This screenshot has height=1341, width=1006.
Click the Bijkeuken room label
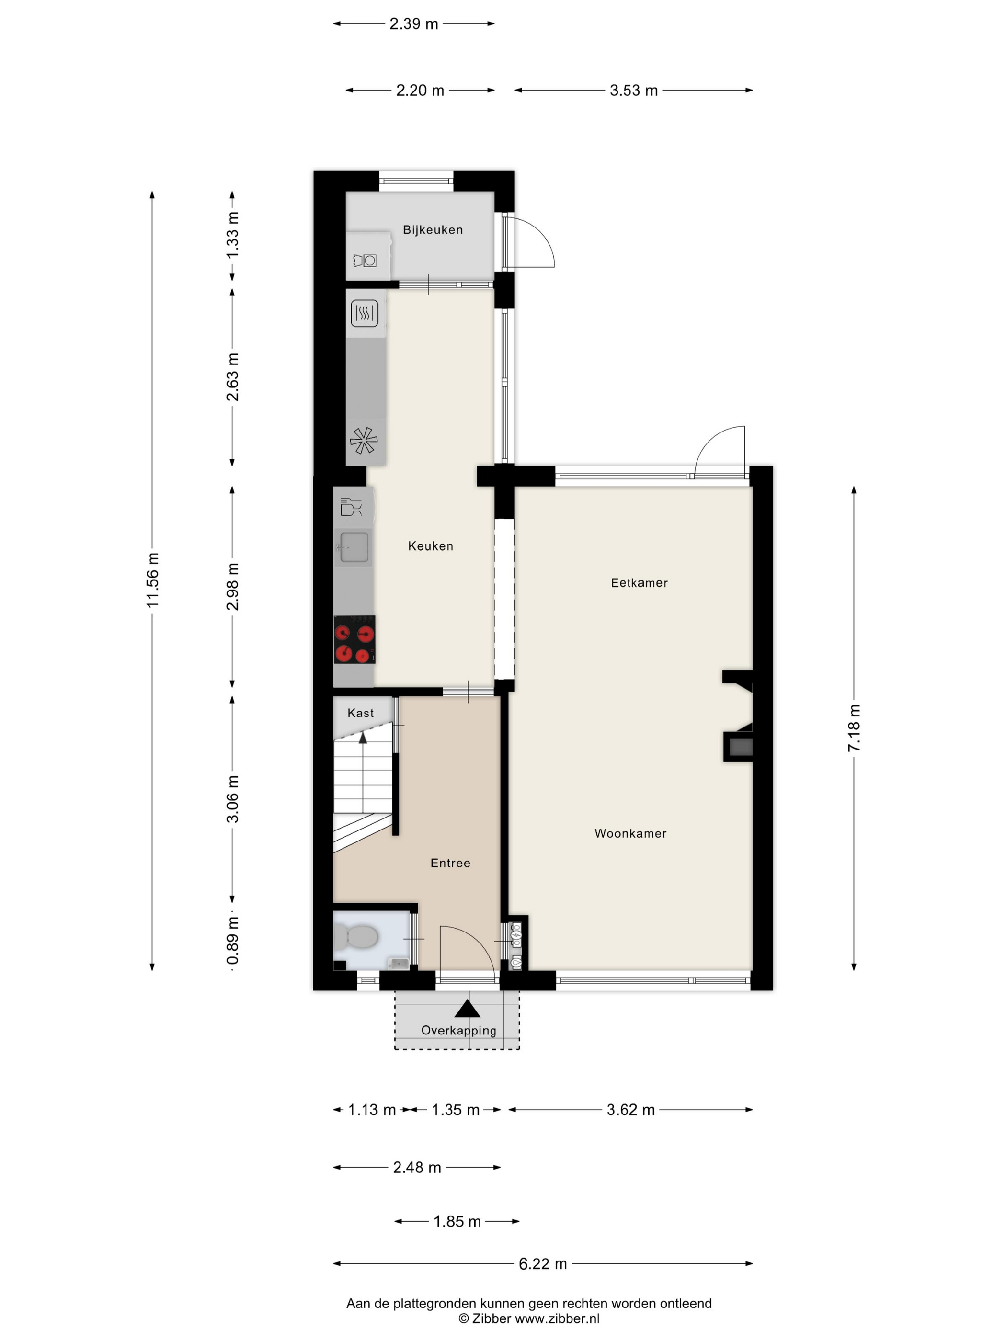coord(433,230)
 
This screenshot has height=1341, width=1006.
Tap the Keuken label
coord(431,546)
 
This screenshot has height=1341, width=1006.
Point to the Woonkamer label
coord(630,834)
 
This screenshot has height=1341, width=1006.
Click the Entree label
coord(450,864)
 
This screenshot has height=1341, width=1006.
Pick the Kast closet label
coord(360,713)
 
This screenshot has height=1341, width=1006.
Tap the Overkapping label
coord(458,1030)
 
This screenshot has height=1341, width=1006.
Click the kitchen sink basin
coord(353,547)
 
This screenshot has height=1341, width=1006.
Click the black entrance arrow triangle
coord(467,1008)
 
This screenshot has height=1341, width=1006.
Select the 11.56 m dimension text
coord(152,580)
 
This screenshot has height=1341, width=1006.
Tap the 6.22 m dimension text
coord(543,1263)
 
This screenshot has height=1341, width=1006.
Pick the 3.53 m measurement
coord(634,91)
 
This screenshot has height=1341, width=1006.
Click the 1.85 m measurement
coord(457,1221)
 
